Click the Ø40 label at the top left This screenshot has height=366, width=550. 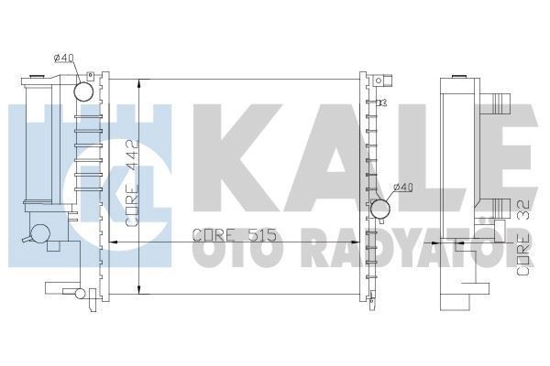63,59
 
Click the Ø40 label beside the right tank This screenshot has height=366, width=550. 402,188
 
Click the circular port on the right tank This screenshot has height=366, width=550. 380,209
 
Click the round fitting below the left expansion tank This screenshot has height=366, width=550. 41,232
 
